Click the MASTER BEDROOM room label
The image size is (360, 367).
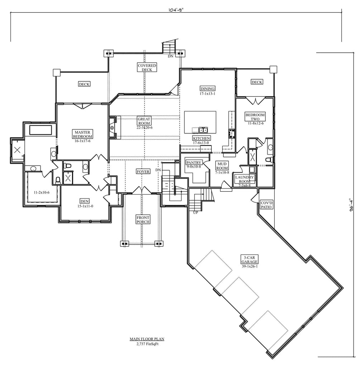pos(83,134)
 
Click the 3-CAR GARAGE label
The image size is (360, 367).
pos(250,259)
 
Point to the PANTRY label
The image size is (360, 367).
pos(194,162)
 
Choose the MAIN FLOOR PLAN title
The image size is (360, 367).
pos(147,338)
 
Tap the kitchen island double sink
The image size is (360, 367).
pos(203,130)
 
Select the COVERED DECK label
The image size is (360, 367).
pos(147,67)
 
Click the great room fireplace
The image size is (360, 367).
pos(113,127)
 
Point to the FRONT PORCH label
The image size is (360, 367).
pos(143,219)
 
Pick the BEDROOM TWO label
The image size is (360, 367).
pos(255,117)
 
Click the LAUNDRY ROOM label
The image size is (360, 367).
pos(245,179)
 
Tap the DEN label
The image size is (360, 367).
pos(85,201)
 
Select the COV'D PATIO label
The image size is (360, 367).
pos(266,205)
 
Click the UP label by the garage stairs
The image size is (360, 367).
pos(196,212)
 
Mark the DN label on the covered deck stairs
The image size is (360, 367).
pos(171,56)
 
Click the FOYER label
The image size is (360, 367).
pos(143,172)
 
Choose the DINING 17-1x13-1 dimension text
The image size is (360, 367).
pos(208,94)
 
